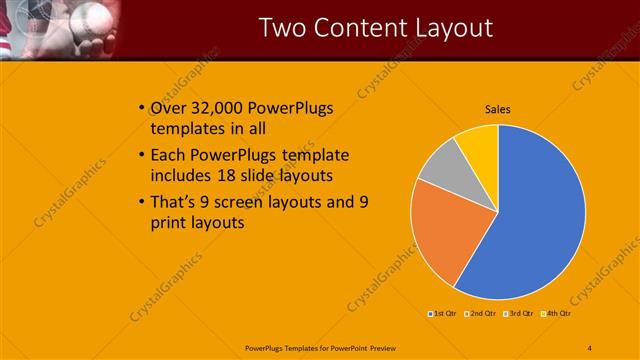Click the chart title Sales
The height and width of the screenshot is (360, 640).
point(498,110)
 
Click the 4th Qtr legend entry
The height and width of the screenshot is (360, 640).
point(556,314)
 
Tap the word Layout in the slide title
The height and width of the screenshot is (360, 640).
point(456,28)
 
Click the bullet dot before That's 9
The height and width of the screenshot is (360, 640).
point(139,202)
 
